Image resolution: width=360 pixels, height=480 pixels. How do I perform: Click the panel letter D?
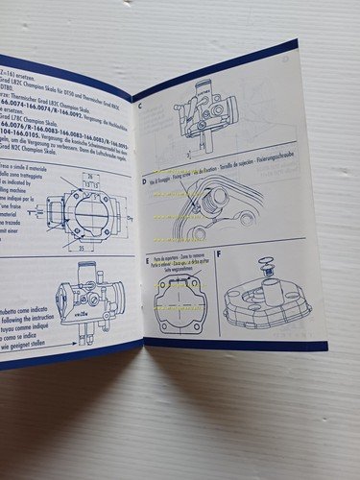144,180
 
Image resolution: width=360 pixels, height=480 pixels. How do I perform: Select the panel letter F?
220,254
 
